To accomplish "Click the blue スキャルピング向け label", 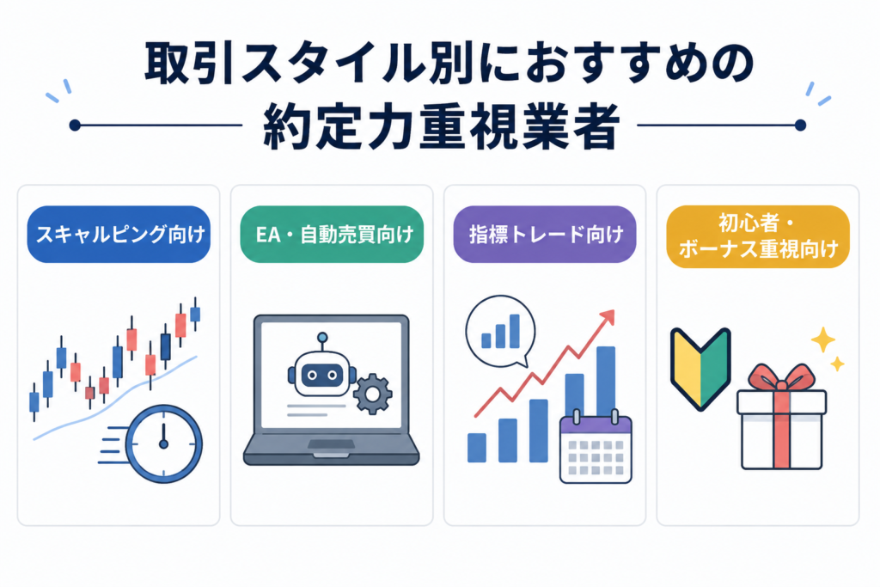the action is (119, 234).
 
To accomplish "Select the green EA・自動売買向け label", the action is (332, 234).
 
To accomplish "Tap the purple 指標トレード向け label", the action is (544, 234).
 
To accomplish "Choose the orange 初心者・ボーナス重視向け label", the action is (758, 236).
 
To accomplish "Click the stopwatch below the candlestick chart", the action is (163, 443).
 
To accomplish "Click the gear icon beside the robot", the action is (372, 394).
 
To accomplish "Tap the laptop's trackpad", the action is (331, 444).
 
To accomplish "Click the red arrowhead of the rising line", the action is (608, 317).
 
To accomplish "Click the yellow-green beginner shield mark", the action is (700, 369).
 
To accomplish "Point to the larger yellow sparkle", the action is (822, 339).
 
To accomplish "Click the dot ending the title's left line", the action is (76, 125).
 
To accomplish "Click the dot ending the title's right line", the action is (801, 125).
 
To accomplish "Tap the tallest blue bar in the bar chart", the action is (606, 382).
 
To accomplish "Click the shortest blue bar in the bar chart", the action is (477, 447).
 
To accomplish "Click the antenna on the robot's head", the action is (322, 342).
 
